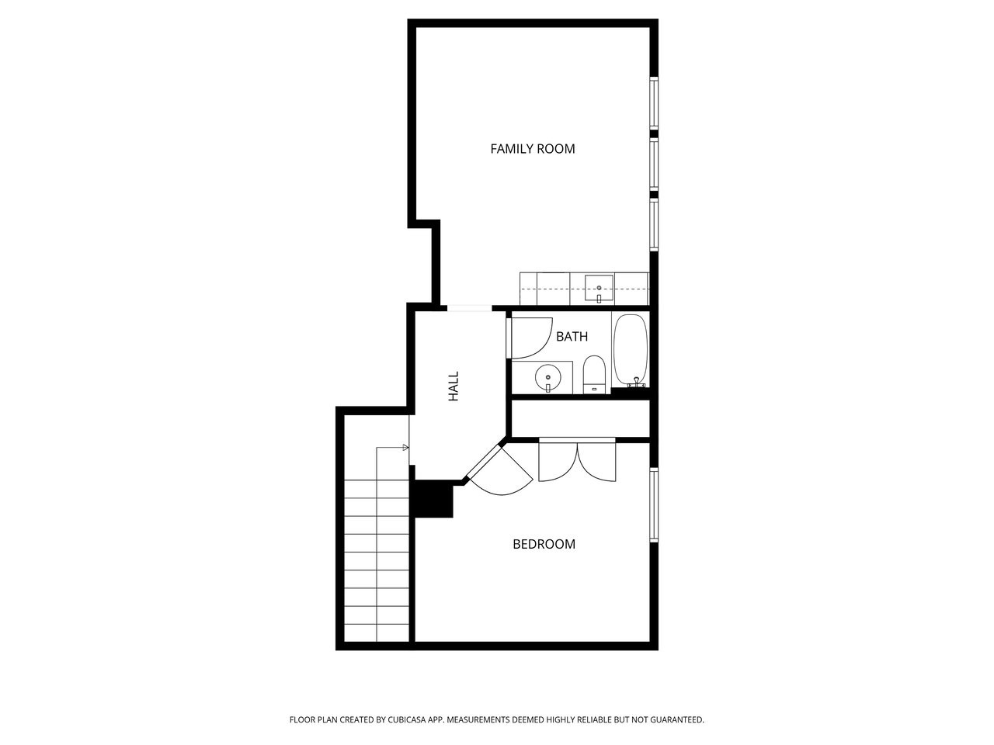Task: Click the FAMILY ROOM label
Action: (533, 149)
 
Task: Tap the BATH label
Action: (572, 337)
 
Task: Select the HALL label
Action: (454, 386)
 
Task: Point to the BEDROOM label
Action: (544, 544)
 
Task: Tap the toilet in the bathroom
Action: (594, 375)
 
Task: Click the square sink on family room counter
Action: (599, 288)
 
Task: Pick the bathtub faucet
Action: (636, 383)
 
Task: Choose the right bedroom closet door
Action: (597, 463)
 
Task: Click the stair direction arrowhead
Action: (405, 447)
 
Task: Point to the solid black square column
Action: (432, 498)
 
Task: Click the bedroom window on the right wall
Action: (654, 505)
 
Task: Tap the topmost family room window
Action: (654, 102)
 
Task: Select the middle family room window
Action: (654, 165)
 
